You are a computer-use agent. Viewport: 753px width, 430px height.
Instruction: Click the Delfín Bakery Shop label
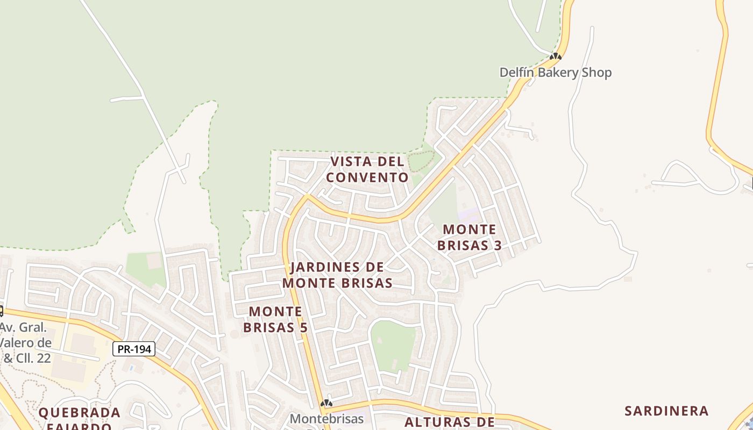[556, 73]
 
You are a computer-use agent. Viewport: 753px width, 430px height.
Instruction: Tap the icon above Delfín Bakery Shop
[556, 56]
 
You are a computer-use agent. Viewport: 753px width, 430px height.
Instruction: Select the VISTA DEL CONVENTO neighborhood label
[367, 169]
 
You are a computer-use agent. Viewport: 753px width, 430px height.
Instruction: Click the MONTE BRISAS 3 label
[469, 238]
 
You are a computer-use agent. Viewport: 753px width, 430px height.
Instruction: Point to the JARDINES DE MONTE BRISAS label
[337, 275]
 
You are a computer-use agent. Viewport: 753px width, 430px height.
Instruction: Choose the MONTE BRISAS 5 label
[275, 319]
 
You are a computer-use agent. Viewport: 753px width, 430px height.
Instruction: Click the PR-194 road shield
[134, 349]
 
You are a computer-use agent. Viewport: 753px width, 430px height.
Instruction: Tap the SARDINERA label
[666, 411]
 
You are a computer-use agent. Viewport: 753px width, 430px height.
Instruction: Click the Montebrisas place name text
[326, 418]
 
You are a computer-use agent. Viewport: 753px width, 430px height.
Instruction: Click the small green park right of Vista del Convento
[421, 161]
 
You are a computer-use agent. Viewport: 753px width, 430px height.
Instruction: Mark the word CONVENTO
[367, 177]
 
